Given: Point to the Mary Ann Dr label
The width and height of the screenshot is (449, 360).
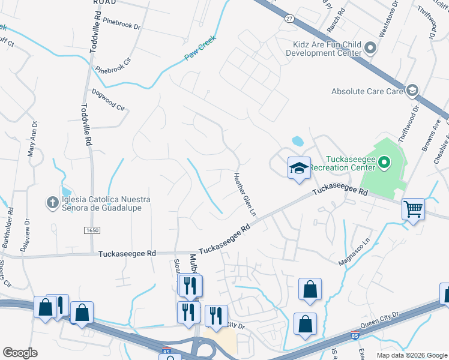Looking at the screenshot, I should (32, 139).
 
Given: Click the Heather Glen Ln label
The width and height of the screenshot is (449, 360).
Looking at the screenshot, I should (244, 194).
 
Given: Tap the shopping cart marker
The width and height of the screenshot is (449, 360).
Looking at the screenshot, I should (413, 210).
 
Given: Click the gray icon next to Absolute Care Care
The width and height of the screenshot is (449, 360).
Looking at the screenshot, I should (412, 91).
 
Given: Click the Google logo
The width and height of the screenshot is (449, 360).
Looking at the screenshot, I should (20, 353).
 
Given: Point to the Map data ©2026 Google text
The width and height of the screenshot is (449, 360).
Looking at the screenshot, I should (412, 355).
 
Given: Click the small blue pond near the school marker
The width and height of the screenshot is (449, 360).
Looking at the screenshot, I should (297, 142).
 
